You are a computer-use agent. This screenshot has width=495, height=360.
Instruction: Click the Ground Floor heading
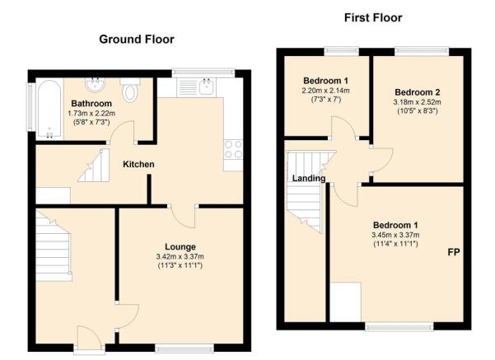[x=137, y=40]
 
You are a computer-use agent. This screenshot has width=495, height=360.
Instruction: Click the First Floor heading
[x=373, y=17]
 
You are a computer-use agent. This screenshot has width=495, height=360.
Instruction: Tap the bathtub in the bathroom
[x=49, y=109]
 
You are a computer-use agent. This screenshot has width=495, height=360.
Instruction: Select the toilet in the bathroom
[x=130, y=90]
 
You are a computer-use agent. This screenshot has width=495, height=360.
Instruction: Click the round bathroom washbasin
[x=95, y=84]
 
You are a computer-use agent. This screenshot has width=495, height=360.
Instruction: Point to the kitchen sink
[x=207, y=86]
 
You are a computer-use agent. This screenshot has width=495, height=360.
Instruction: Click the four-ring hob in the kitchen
[x=233, y=149]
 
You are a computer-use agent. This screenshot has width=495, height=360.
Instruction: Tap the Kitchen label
[x=138, y=164]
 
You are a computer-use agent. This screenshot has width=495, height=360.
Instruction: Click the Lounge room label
[x=180, y=246]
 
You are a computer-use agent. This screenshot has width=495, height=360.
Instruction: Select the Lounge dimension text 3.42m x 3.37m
[x=180, y=257]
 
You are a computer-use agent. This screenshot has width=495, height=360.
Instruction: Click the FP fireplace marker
[x=454, y=252]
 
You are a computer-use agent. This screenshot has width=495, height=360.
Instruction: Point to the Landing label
[x=308, y=179]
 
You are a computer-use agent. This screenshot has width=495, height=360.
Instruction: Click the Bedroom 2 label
[x=417, y=92]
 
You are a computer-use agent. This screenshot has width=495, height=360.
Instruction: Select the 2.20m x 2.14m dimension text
[x=325, y=91]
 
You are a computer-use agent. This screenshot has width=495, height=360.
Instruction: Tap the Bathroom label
[x=91, y=103]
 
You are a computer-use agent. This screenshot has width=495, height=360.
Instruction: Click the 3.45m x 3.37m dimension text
[x=395, y=235]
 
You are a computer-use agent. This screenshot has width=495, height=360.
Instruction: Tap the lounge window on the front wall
[x=184, y=348]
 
